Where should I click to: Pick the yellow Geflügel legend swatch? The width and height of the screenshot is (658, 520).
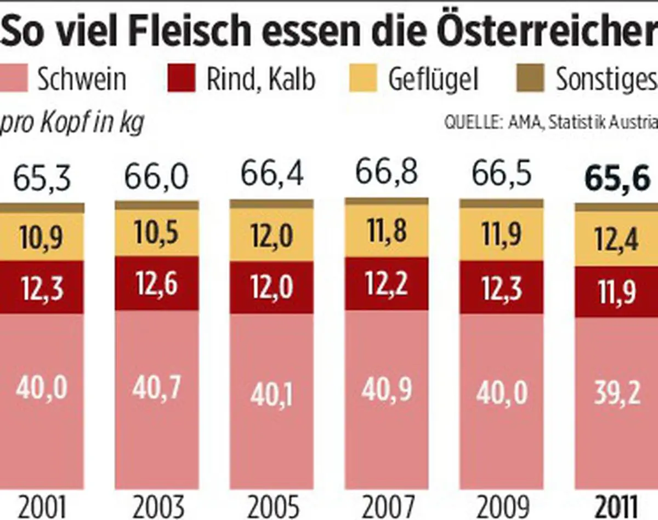364,78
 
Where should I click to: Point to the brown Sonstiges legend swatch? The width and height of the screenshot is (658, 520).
530,78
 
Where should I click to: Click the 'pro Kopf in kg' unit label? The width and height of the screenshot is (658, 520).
72,123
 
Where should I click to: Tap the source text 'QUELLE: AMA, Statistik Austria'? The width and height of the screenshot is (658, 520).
551,123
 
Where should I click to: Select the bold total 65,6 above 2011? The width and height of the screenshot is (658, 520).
617,178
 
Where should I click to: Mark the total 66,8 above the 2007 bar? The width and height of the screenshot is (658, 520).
387,173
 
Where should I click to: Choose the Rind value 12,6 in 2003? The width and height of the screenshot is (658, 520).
156,284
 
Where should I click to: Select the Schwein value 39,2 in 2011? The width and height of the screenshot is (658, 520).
617,392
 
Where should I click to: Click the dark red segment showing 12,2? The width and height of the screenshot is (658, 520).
387,284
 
